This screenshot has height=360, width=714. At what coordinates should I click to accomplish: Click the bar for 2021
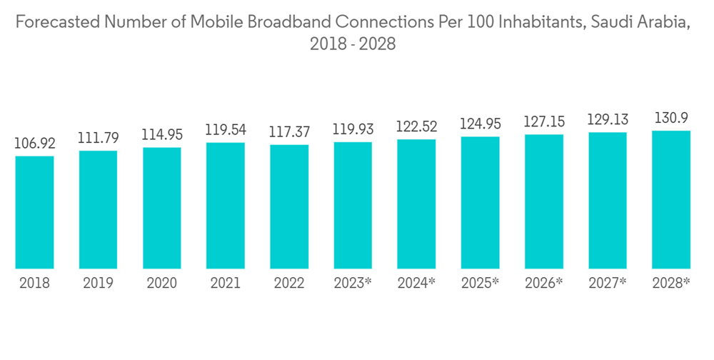tap(226, 206)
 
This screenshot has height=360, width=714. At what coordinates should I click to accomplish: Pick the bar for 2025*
tap(480, 203)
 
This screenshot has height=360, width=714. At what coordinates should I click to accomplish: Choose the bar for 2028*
tap(671, 199)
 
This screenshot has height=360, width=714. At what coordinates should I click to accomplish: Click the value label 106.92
tap(34, 144)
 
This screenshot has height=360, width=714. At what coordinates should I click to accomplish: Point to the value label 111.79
tap(99, 138)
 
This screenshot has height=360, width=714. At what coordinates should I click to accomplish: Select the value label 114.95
tap(162, 134)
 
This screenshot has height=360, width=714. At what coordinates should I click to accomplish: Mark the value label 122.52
tap(416, 126)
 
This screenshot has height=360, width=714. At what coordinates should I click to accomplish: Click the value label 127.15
tap(544, 121)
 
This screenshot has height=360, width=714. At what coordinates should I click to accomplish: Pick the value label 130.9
tap(671, 117)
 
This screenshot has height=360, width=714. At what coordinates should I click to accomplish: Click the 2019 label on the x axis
tap(99, 284)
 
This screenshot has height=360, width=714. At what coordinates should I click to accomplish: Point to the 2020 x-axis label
tap(162, 284)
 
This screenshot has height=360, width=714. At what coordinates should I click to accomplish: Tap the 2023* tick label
tap(353, 284)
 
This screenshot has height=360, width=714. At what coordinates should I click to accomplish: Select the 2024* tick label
tap(416, 284)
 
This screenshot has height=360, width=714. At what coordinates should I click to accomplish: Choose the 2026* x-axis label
tap(544, 284)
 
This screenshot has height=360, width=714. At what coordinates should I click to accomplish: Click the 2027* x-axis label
tap(608, 284)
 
